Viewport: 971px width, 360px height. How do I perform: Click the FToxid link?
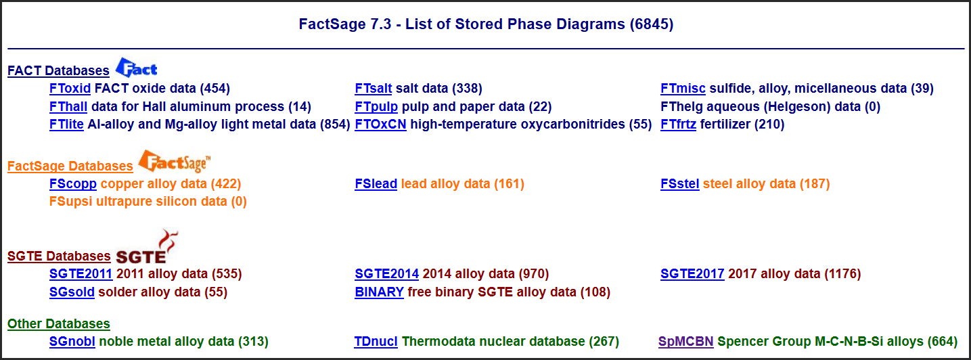tap(70, 89)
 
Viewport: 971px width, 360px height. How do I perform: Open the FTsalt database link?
tap(374, 89)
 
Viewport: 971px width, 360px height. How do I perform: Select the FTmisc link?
tap(683, 89)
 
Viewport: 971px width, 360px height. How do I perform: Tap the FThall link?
tap(68, 107)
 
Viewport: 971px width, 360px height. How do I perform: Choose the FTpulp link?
tap(376, 107)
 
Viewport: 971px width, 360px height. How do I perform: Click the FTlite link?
tap(66, 125)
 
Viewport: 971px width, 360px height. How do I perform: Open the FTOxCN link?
tap(380, 125)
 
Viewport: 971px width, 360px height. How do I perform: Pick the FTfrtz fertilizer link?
tap(678, 125)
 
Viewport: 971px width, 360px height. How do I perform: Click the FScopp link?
tap(73, 184)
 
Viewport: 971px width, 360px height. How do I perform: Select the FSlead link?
tap(376, 184)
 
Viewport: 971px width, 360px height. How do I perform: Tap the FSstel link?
tap(679, 184)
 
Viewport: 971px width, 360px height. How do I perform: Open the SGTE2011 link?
tap(81, 274)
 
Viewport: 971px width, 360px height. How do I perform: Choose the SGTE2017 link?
tap(692, 274)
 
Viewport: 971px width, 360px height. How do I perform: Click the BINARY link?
tap(380, 292)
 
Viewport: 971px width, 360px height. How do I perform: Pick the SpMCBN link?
tap(685, 342)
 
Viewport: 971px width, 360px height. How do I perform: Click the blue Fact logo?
tap(136, 68)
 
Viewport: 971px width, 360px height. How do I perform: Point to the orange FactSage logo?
tap(175, 161)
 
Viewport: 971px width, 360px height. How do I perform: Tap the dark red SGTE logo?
tap(147, 246)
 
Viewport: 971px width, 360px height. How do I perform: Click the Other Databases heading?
tap(58, 324)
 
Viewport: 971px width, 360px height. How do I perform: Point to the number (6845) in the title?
tap(652, 24)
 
